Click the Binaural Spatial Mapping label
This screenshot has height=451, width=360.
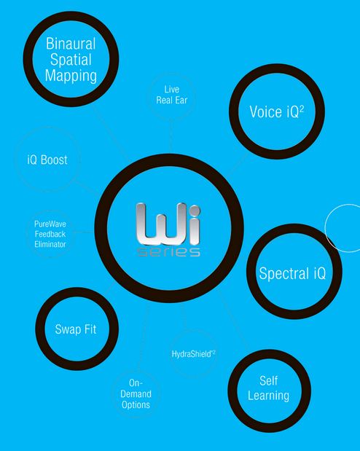coord(71,60)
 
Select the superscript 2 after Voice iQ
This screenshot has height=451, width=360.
coord(302,109)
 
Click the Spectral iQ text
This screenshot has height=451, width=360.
coord(292,273)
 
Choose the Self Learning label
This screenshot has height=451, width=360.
coord(268,388)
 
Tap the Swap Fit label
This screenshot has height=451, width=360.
coord(76,329)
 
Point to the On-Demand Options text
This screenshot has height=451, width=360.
coord(136,393)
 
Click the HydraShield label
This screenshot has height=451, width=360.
coord(193,354)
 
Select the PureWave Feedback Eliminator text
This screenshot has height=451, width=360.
coord(50,234)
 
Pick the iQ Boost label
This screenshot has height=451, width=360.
coord(47,160)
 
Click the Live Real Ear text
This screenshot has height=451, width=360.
coord(172,95)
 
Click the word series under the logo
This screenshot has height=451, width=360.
coord(168,252)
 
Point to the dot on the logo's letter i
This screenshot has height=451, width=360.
coord(194,210)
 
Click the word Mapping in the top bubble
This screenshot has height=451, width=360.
coord(71,76)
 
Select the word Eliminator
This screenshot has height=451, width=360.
coord(50,245)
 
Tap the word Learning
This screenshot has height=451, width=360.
coord(268,396)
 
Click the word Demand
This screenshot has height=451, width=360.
coord(136,393)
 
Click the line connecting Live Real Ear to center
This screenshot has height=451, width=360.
coord(171,136)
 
